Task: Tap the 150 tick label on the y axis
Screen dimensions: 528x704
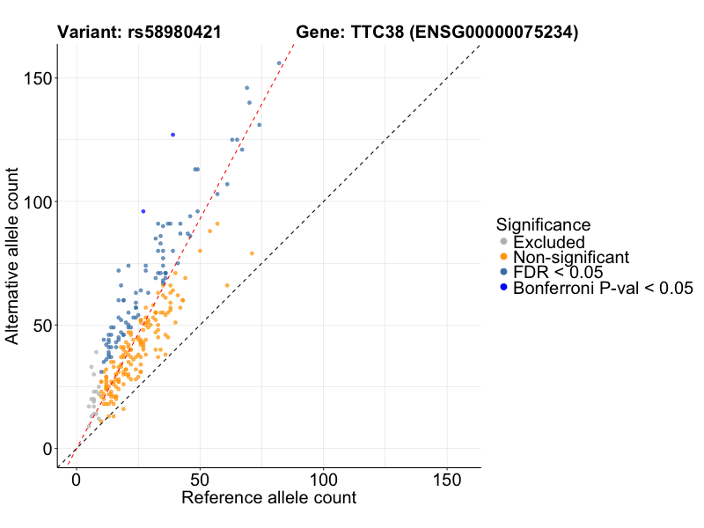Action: click(x=38, y=78)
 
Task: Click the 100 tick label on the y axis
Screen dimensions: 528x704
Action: click(x=38, y=202)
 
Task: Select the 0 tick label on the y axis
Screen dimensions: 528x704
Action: click(x=48, y=449)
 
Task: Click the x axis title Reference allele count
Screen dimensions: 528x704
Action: click(x=268, y=498)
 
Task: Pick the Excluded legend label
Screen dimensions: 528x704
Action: click(x=548, y=242)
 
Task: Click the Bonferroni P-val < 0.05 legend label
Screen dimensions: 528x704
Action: click(x=604, y=288)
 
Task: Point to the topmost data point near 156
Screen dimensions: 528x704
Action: click(x=279, y=63)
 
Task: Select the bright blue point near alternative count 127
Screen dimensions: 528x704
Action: click(x=173, y=135)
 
